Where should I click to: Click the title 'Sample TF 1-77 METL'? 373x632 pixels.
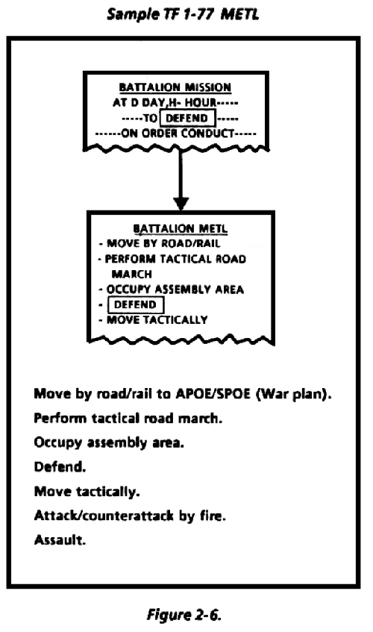click(x=183, y=14)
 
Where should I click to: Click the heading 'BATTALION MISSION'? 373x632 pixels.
click(x=175, y=87)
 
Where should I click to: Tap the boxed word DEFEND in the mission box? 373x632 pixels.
click(x=187, y=118)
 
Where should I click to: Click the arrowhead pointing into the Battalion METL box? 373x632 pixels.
click(x=181, y=204)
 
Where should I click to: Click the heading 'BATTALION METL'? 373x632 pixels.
click(x=181, y=228)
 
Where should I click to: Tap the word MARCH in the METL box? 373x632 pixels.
click(x=132, y=274)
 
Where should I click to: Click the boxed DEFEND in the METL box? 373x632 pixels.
click(x=135, y=304)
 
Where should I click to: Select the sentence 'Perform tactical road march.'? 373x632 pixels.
click(x=128, y=418)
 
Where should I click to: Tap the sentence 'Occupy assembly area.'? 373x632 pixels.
click(x=109, y=442)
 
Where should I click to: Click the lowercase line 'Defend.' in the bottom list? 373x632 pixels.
click(x=60, y=467)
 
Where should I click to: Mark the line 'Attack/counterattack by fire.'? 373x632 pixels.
click(x=130, y=516)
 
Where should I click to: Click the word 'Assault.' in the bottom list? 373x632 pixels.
click(x=60, y=539)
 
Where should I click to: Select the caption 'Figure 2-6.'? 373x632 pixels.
click(x=184, y=615)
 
